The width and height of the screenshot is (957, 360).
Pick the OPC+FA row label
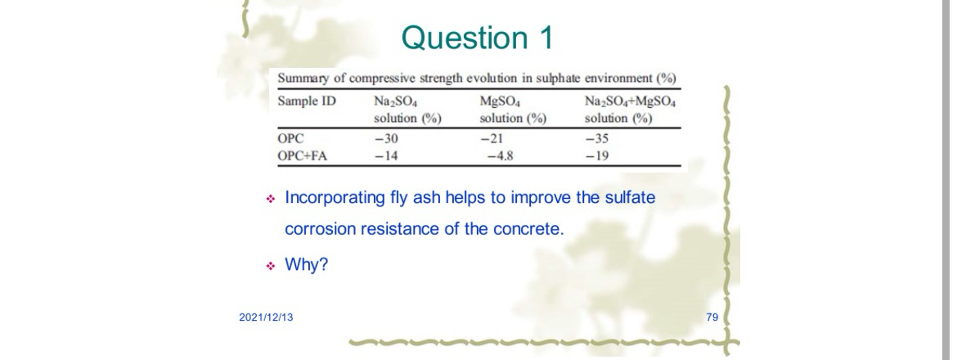tap(303, 151)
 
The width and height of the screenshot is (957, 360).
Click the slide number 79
tap(711, 316)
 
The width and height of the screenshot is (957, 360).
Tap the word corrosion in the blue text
tap(317, 228)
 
